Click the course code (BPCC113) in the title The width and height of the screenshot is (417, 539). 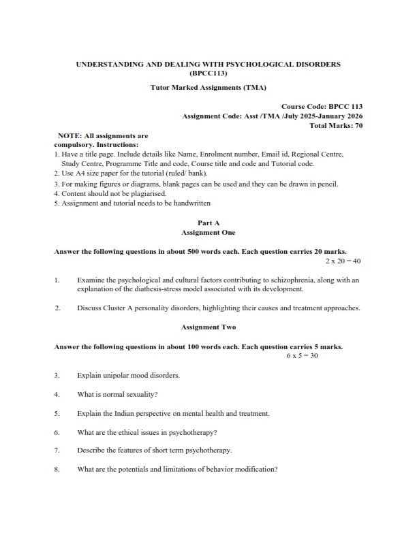click(208, 73)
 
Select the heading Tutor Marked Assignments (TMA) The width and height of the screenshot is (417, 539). click(208, 88)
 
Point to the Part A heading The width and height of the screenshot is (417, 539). click(208, 223)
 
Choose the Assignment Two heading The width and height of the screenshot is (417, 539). click(208, 327)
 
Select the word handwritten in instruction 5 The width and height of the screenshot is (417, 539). click(191, 203)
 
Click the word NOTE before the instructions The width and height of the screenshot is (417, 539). click(71, 136)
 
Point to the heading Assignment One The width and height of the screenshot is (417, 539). click(208, 232)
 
